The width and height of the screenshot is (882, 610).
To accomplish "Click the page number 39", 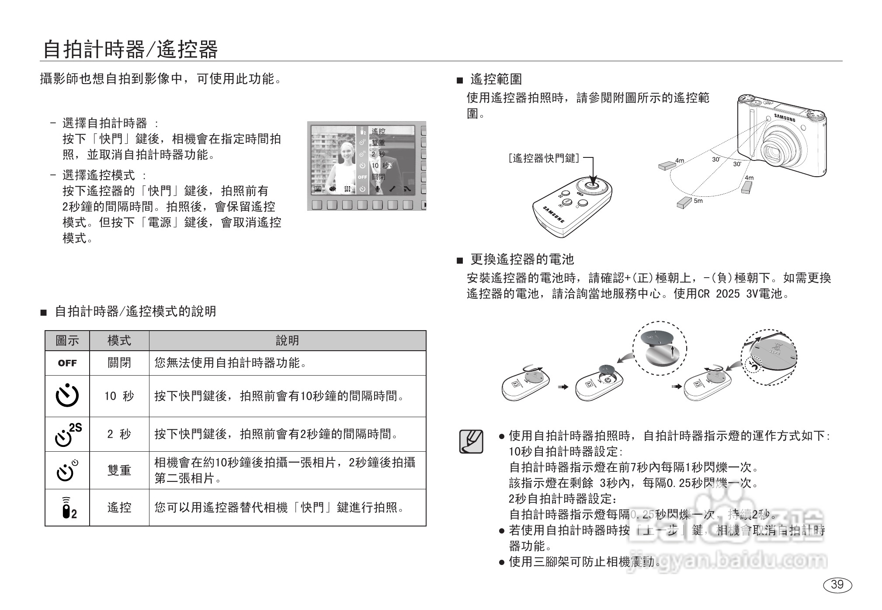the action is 837,585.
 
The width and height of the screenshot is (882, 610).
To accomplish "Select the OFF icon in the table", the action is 67,363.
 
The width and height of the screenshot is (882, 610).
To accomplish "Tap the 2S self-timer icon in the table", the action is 68,434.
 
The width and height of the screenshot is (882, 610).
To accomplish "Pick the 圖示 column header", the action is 67,341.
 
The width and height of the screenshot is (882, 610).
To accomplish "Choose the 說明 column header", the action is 287,341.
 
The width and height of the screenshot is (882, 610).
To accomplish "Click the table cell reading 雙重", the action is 119,471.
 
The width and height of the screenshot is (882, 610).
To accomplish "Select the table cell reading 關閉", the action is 119,363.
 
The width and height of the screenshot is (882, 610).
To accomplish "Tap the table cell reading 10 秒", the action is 119,396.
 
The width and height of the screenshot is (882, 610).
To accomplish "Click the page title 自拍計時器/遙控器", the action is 130,49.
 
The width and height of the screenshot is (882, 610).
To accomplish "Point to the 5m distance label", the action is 698,201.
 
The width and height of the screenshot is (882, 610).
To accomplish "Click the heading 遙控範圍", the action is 496,79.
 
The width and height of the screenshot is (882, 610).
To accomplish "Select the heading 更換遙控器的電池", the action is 521,259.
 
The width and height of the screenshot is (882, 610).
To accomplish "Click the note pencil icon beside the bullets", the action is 471,441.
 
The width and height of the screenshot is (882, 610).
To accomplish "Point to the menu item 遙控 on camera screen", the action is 378,131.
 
